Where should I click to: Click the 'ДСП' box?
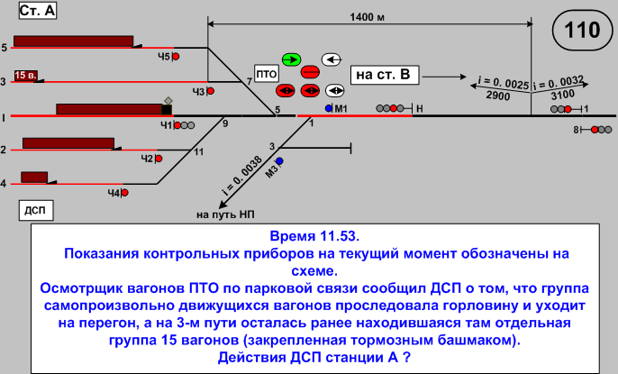[35, 210]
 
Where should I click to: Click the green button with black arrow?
[291, 59]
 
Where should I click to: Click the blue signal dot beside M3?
[279, 160]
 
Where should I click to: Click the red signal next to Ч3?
[211, 91]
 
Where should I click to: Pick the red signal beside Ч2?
[159, 159]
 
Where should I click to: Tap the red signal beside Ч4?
[124, 192]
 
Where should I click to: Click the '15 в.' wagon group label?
[24, 76]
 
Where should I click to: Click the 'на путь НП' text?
[225, 214]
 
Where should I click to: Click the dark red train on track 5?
[73, 41]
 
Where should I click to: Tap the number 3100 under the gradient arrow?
[561, 94]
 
